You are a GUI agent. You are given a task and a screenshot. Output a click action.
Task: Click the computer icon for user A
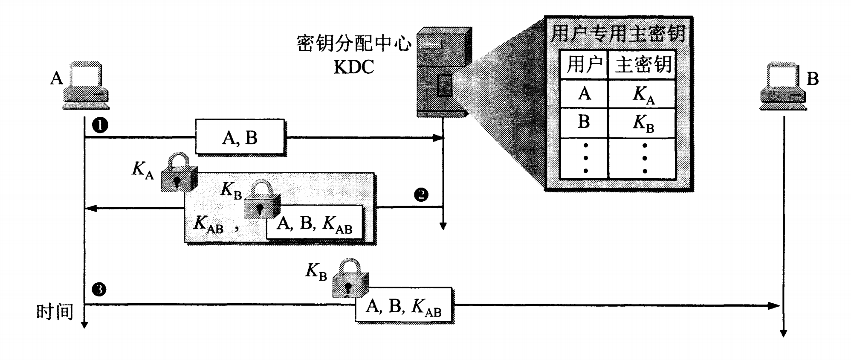coord(85,85)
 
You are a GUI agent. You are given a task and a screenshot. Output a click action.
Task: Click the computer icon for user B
coord(783,86)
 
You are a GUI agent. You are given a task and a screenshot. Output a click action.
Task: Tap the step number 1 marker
coord(100,125)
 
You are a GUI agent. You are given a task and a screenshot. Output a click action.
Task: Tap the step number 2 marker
coord(421,195)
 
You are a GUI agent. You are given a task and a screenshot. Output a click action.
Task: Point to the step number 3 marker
coord(99,290)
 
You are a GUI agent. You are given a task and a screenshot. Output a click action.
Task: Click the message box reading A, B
coord(240,137)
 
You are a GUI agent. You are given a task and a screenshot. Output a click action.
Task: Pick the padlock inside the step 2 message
coord(261,200)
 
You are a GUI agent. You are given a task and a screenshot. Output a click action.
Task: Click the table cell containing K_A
coord(643,94)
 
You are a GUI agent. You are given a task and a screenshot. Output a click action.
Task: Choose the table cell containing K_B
coord(643,123)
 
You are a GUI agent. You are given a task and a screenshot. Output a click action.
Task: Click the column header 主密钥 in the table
coord(643,65)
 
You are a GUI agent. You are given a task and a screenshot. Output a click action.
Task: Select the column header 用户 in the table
coord(584,65)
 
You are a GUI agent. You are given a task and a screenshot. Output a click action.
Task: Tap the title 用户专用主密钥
coord(618,33)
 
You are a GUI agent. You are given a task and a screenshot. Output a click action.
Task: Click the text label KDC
coord(353,67)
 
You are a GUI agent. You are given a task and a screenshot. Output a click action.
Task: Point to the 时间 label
coord(55,312)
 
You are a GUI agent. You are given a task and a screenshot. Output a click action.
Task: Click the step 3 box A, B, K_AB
coord(404,306)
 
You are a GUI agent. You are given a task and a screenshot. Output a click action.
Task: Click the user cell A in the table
coord(584,94)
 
